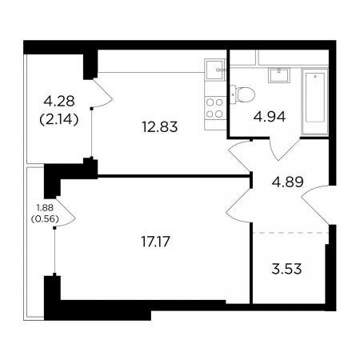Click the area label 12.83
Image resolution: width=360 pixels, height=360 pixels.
(160, 127)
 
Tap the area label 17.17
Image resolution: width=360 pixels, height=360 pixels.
(155, 242)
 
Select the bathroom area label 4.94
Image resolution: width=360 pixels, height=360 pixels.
(270, 117)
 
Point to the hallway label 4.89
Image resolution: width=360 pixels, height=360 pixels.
(287, 182)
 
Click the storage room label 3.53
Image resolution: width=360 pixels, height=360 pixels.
(286, 269)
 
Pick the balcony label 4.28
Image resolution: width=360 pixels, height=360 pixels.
(59, 102)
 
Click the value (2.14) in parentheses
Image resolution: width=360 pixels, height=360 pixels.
(59, 119)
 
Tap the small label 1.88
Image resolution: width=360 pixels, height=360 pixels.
(45, 207)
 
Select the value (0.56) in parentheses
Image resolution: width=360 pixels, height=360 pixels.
(45, 219)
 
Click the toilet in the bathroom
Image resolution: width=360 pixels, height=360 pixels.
(242, 94)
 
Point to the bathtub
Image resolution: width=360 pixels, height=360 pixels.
(314, 102)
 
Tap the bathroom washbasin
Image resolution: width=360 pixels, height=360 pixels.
(279, 75)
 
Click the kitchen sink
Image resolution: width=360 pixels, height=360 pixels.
(215, 70)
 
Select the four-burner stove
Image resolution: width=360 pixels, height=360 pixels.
(215, 108)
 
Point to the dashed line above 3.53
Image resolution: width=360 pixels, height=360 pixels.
(290, 233)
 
